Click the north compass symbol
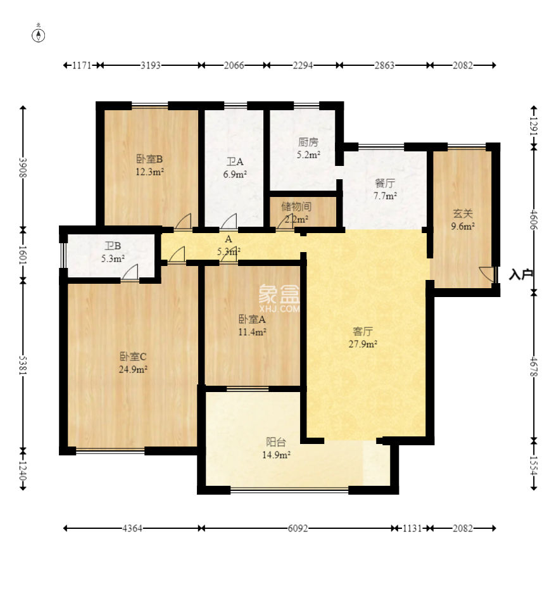[39, 35]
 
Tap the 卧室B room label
[149, 158]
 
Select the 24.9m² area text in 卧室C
[133, 369]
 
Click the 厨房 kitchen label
[308, 142]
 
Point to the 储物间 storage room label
[296, 206]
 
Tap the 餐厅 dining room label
[385, 183]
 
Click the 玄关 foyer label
[463, 213]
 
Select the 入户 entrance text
[520, 274]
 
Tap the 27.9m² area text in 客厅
[363, 344]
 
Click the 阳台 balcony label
[276, 442]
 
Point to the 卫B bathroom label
[113, 246]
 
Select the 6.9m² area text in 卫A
[235, 174]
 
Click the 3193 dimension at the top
[151, 65]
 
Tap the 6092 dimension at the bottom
[298, 528]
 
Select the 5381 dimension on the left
[23, 365]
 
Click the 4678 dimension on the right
[534, 367]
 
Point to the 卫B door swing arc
[130, 272]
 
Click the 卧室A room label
[251, 319]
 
